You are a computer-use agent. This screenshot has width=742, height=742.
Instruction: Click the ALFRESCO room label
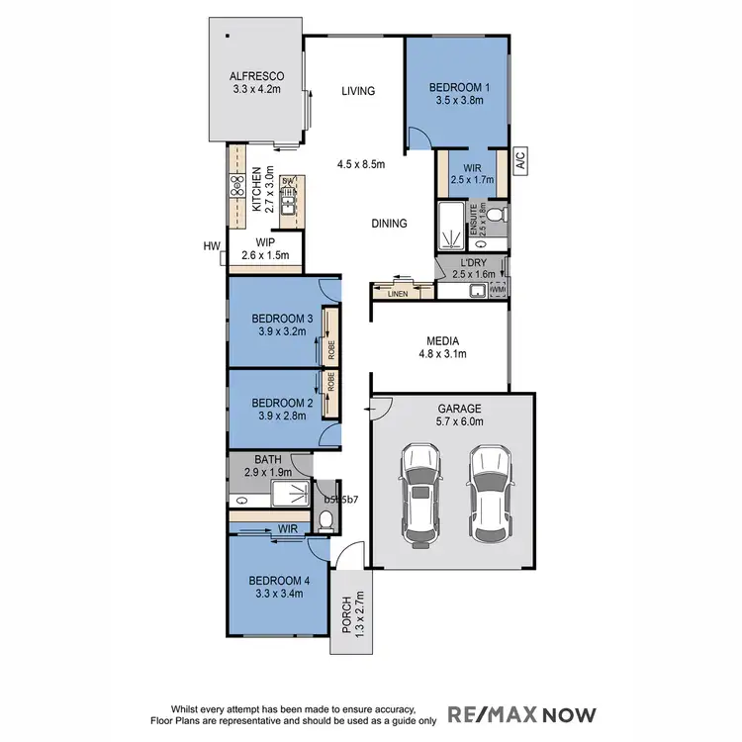click(257, 75)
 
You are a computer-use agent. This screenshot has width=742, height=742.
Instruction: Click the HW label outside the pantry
click(211, 245)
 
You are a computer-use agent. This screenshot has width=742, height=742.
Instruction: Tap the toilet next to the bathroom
click(326, 519)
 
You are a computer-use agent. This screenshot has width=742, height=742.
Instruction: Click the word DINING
click(389, 224)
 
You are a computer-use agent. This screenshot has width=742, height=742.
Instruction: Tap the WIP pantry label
click(264, 241)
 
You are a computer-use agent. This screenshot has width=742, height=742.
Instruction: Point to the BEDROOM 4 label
click(278, 580)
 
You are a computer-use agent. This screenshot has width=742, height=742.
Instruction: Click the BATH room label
click(268, 459)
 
